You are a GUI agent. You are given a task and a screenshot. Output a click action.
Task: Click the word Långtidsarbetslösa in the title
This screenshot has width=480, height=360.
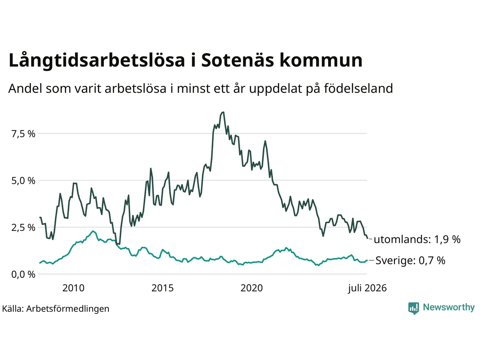coord(97,60)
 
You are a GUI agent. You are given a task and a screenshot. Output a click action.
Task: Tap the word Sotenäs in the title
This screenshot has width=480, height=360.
coord(237,60)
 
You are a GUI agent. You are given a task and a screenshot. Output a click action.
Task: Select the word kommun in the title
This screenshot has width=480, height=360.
coord(321,60)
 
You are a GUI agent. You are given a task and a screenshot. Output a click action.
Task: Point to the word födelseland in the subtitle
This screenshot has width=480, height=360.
coord(358,88)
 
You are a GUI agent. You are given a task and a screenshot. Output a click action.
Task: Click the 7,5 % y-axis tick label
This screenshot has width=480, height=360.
coord(23,134)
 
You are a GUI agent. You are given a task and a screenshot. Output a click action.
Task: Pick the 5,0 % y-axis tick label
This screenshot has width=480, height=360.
coord(23,181)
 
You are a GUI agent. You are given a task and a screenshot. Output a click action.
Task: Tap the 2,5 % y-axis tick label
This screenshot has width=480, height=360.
coord(23,228)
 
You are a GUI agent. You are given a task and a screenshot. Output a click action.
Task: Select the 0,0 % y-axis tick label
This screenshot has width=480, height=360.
coord(23,274)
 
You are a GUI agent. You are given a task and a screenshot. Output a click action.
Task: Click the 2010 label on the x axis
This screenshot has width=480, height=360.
coord(73,288)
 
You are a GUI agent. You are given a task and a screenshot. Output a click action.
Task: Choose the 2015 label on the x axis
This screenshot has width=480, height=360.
coord(162,288)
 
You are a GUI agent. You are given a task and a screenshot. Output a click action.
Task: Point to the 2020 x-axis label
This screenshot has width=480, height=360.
coord(252,288)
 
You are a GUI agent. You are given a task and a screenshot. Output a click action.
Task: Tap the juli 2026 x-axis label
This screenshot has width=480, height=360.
coord(367,288)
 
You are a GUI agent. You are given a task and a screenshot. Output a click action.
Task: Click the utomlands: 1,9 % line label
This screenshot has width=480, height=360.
coord(417,239)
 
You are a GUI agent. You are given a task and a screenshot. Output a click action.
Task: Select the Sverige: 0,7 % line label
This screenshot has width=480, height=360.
coord(410,260)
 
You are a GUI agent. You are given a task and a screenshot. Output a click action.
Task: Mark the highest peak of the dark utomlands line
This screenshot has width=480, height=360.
coord(223,112)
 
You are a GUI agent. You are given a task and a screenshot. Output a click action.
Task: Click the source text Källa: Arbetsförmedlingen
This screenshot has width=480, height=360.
coord(55,309)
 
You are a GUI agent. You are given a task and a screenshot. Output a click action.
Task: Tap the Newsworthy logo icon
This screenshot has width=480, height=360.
coord(414,308)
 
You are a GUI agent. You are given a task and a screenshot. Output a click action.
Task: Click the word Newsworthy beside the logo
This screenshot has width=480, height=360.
coord(449,307)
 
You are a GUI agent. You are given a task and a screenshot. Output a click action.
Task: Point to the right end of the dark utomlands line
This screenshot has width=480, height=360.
coord(367,238)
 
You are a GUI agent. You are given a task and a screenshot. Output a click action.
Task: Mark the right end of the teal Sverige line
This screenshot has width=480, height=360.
coord(367,260)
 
